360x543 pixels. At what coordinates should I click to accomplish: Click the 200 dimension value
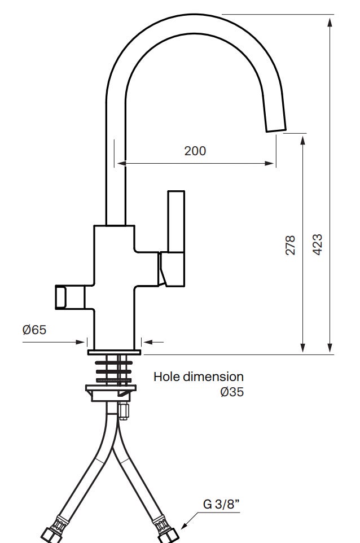pyautogui.click(x=195, y=151)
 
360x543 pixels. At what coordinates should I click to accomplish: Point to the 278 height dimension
pyautogui.click(x=290, y=245)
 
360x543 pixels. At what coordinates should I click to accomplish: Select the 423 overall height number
pyautogui.click(x=318, y=244)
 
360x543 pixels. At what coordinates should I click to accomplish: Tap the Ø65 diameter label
pyautogui.click(x=34, y=330)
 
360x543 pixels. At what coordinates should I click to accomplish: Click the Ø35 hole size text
pyautogui.click(x=232, y=392)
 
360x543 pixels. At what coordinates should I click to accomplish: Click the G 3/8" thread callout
pyautogui.click(x=221, y=504)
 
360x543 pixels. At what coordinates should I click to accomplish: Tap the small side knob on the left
pyautogui.click(x=70, y=297)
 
